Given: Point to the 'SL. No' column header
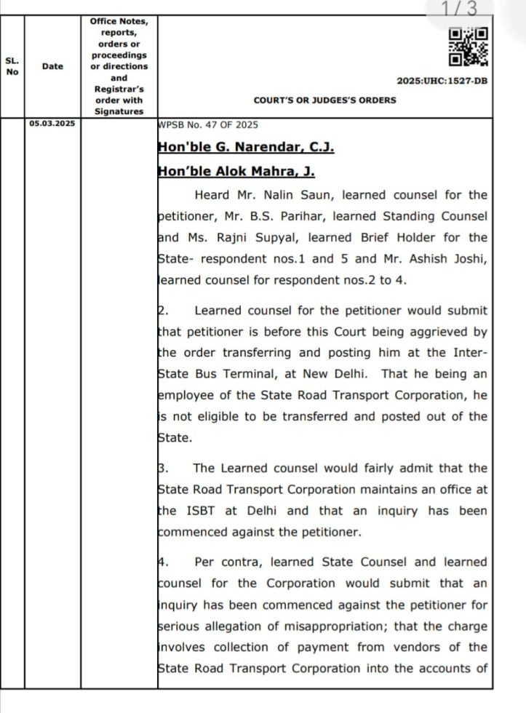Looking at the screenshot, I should click(12, 66).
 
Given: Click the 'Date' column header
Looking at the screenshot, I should click(52, 66).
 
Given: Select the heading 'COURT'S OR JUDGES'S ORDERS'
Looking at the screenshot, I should click(324, 100).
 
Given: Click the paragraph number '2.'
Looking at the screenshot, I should click(163, 311).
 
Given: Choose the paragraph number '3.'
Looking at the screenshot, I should click(163, 469).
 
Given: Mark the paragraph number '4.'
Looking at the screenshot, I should click(163, 562).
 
